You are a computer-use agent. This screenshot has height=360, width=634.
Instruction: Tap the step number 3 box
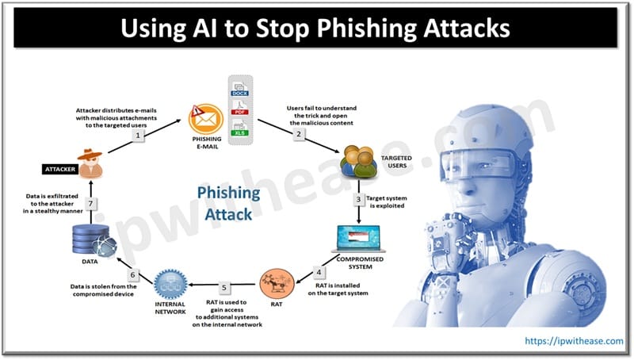[358, 199]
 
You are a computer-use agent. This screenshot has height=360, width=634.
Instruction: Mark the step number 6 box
[133, 275]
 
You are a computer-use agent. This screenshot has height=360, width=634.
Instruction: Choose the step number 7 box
[92, 205]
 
